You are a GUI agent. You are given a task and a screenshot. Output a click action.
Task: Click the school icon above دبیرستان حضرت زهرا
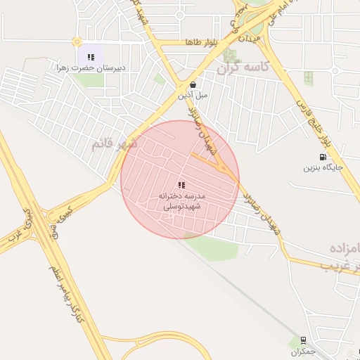91,57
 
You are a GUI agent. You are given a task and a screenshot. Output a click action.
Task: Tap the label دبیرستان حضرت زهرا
91,68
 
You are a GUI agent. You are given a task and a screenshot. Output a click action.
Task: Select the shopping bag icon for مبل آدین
193,84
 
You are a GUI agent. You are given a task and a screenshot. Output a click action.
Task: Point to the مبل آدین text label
193,94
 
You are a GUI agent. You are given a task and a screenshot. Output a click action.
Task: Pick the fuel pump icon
323,157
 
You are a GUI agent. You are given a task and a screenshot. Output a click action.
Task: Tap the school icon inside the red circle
181,185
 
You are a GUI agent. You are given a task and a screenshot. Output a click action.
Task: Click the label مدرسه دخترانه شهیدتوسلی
181,200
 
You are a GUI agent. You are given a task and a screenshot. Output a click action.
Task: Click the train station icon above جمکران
303,340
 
